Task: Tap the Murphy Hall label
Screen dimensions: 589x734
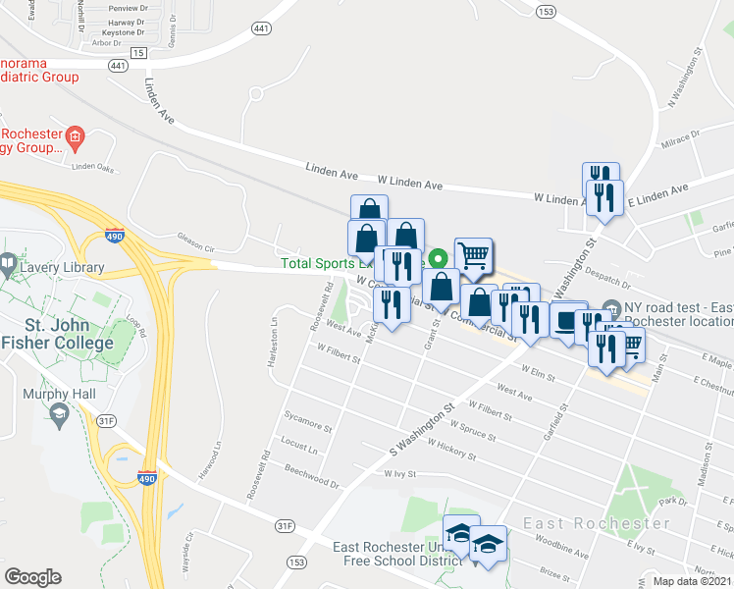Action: point(61,395)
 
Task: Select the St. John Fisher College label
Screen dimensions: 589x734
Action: point(54,336)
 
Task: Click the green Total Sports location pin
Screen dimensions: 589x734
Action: point(439,261)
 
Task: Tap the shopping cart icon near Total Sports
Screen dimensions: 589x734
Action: point(473,255)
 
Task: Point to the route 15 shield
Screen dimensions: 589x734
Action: point(138,52)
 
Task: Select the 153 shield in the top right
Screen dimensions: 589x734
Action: point(547,12)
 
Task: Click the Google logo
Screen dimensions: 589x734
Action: point(31,576)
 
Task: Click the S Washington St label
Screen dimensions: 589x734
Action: point(422,418)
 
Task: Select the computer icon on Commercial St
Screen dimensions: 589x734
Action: point(566,319)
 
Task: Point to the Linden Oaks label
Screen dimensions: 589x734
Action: point(94,167)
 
